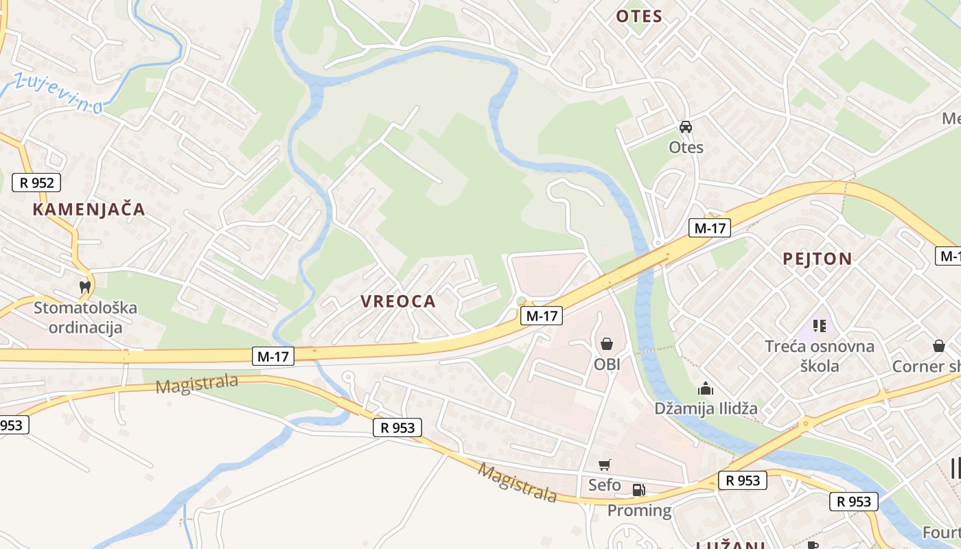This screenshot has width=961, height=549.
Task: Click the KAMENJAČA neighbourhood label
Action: click(x=89, y=209)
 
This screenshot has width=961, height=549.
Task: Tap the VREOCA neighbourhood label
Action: click(x=398, y=301)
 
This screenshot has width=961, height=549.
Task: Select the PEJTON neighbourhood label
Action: click(x=818, y=259)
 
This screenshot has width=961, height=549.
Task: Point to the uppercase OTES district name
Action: click(x=638, y=16)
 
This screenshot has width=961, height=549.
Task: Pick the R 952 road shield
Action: click(x=36, y=183)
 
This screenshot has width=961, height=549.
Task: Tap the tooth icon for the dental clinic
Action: click(x=85, y=287)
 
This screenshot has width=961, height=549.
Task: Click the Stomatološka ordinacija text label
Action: click(x=85, y=317)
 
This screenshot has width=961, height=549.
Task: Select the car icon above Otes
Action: click(x=685, y=127)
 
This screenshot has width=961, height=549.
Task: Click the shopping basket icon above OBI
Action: click(x=606, y=344)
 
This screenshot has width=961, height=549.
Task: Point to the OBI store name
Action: click(x=607, y=364)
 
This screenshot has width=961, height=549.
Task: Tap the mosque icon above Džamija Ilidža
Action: click(x=705, y=389)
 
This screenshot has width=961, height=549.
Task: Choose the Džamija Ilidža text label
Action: click(x=706, y=408)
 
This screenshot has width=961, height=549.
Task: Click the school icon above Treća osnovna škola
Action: click(x=819, y=325)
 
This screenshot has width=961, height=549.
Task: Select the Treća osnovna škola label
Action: click(x=820, y=355)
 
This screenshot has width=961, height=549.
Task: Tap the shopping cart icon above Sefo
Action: click(x=604, y=465)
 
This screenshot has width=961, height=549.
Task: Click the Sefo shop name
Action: click(x=604, y=485)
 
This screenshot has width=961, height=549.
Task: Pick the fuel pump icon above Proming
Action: click(x=638, y=490)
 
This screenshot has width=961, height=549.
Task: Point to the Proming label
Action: click(x=639, y=510)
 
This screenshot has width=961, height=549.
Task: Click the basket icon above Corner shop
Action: click(x=938, y=346)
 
